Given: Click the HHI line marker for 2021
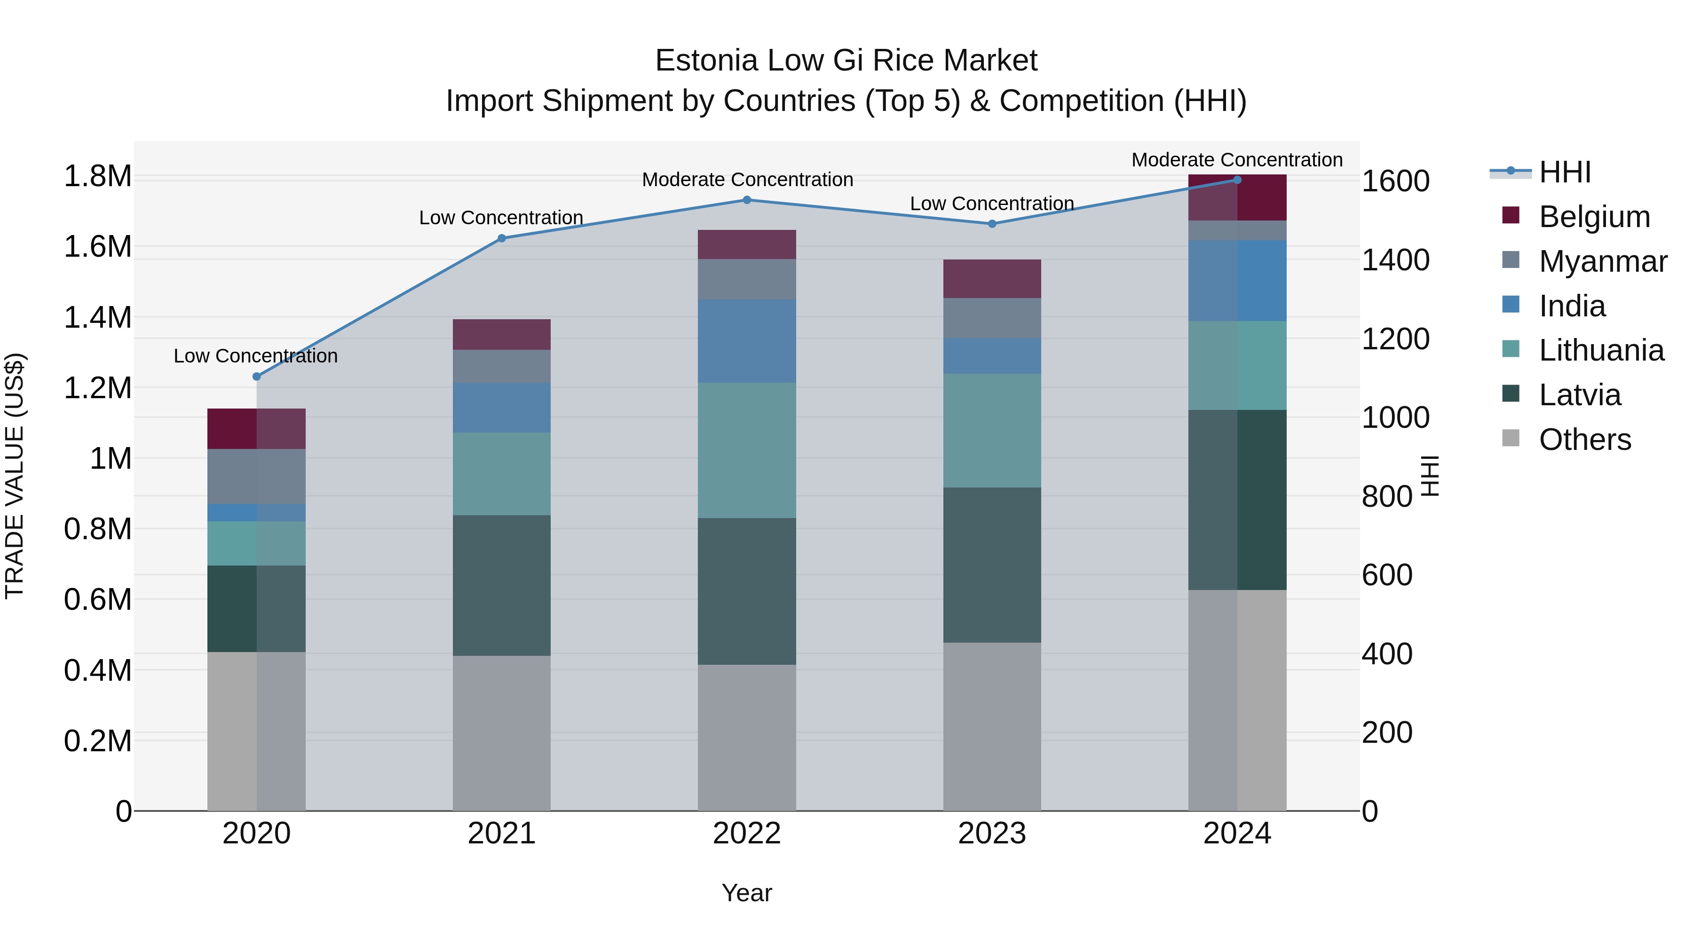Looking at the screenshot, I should click(x=501, y=238).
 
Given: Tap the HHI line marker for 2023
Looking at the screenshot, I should click(x=992, y=224).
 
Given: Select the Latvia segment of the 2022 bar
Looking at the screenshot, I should click(x=747, y=591).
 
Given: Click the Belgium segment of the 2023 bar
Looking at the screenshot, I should click(x=992, y=279).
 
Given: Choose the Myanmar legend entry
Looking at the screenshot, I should click(x=1602, y=261).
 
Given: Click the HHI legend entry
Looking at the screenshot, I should click(x=1564, y=172).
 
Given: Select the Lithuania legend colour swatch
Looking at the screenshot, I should click(x=1511, y=349).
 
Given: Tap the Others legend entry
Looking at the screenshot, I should click(x=1584, y=439).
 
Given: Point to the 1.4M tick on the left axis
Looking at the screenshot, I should click(x=97, y=317).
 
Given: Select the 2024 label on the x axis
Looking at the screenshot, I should click(x=1237, y=833).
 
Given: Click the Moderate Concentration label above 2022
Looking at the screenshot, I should click(x=747, y=180).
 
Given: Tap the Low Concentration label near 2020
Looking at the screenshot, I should click(x=256, y=355).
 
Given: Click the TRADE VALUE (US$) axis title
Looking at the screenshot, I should click(x=15, y=476).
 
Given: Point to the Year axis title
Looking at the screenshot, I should click(x=747, y=893).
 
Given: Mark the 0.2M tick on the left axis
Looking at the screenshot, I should click(x=97, y=740).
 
